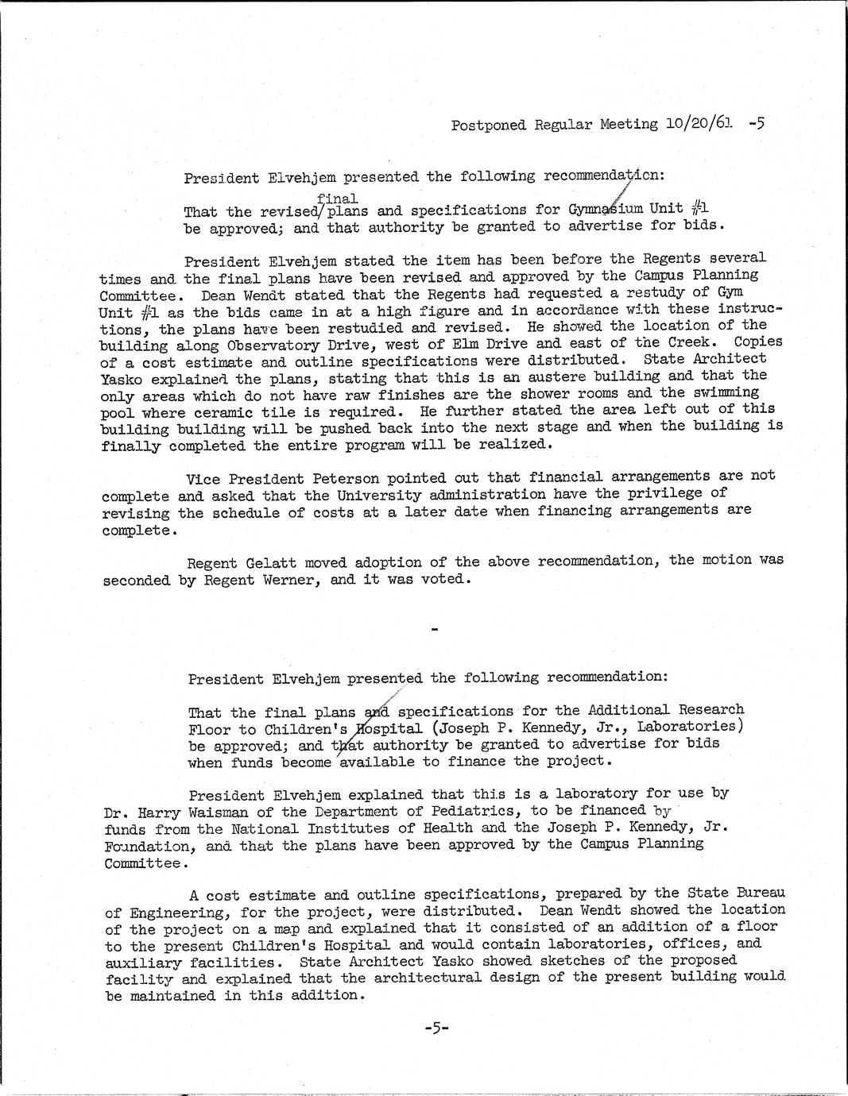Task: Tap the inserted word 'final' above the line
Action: tap(337, 198)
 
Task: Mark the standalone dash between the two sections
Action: tap(434, 629)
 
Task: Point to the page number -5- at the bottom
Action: tap(436, 1028)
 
